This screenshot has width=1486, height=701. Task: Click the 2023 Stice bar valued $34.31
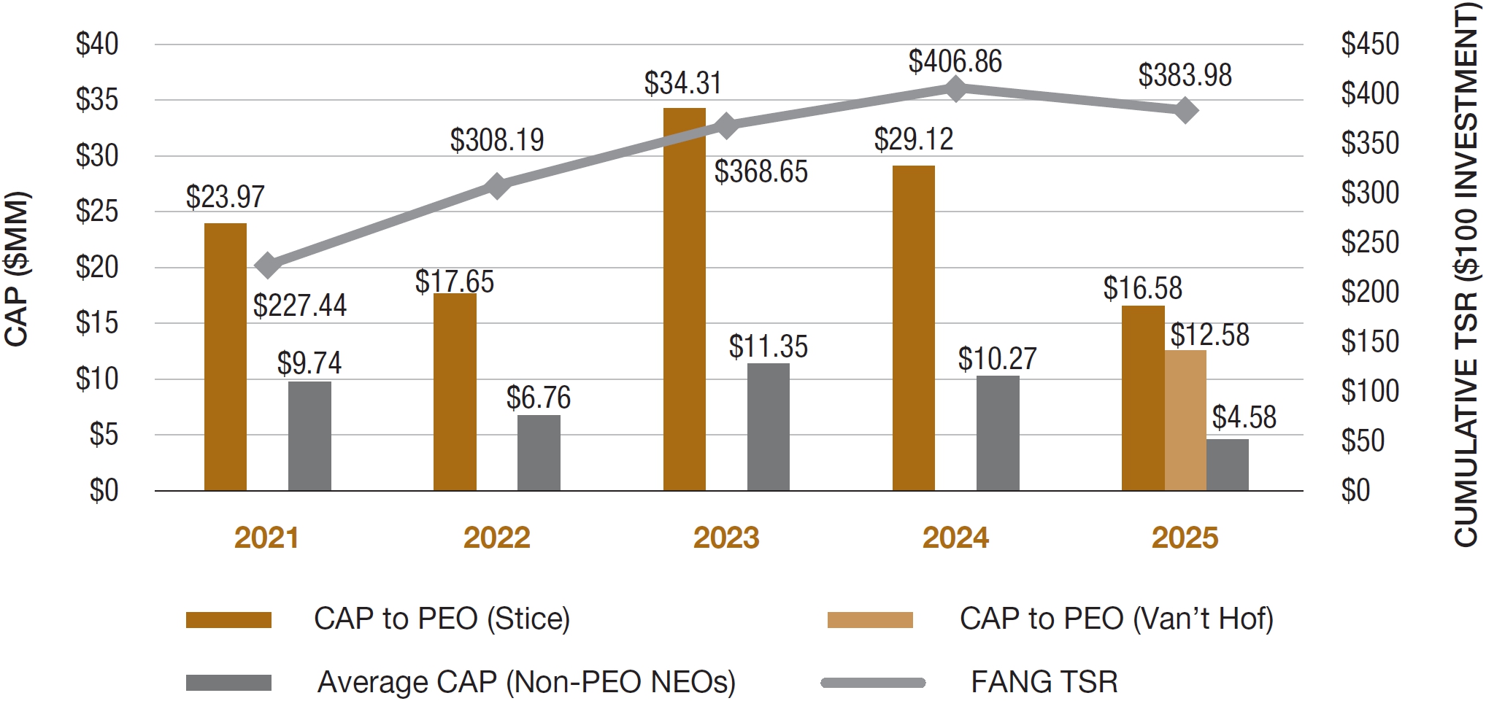684,299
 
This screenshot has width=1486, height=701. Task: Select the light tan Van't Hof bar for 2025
1185,420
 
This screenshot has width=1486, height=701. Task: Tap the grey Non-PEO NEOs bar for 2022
539,452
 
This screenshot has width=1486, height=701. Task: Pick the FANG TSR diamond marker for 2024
955,89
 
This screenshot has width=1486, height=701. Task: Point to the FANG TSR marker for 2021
267,266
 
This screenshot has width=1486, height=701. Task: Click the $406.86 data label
955,61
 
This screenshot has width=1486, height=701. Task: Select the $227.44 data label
299,305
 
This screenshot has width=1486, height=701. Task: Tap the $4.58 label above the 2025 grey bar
1244,417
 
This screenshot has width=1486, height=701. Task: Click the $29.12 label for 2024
913,139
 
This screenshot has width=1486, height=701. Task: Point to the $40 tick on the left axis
97,44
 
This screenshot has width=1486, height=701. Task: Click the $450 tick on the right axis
1369,44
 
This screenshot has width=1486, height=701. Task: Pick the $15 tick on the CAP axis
97,322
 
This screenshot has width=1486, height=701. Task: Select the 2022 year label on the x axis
496,538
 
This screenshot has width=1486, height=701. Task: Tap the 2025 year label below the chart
1185,538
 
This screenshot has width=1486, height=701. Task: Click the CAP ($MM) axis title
16,268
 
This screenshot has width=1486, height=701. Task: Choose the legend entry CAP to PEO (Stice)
441,619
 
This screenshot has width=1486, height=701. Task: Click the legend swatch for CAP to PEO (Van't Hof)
869,620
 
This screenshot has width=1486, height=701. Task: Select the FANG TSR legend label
1044,682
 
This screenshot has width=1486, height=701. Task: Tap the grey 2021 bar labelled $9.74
309,435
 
